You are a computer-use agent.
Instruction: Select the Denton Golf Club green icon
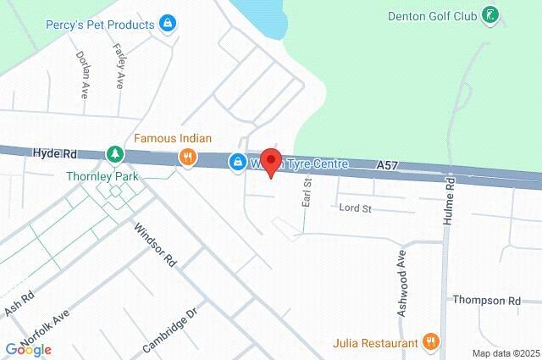click(x=489, y=14)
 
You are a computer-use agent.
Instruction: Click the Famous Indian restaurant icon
click(x=187, y=157)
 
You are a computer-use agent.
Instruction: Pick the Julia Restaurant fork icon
click(x=431, y=342)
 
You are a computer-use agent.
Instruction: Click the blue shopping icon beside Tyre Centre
click(x=238, y=161)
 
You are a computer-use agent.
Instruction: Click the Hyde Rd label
click(x=55, y=154)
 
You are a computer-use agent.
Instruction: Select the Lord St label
click(x=355, y=208)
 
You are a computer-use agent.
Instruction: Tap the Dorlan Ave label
click(x=84, y=75)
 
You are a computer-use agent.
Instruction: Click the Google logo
click(x=28, y=349)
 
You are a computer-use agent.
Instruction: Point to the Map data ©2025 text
click(x=506, y=353)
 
